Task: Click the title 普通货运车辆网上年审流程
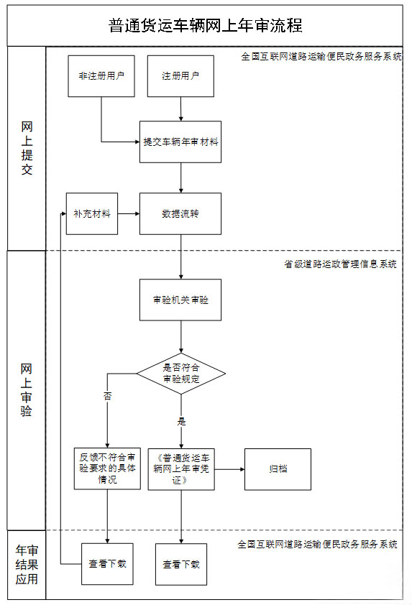[x=205, y=26]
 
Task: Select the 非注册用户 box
[x=101, y=76]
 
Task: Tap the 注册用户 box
[x=180, y=76]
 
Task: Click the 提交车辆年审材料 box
[x=180, y=142]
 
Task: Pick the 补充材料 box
[x=92, y=213]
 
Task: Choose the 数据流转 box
[x=180, y=213]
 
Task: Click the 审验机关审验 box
[x=180, y=300]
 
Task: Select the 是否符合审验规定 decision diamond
[x=181, y=374]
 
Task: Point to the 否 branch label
[x=107, y=396]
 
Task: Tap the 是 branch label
[x=181, y=421]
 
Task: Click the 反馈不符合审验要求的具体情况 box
[x=107, y=468]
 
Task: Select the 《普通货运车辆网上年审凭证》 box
[x=181, y=469]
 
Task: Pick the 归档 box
[x=278, y=469]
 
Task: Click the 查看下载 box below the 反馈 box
[x=107, y=564]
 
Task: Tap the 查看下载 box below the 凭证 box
[x=181, y=565]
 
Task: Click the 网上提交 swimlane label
[x=27, y=149]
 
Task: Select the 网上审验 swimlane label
[x=27, y=390]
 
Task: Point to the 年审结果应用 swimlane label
[x=27, y=565]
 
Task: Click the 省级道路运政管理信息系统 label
[x=340, y=264]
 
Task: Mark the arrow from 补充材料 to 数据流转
[x=129, y=213]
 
